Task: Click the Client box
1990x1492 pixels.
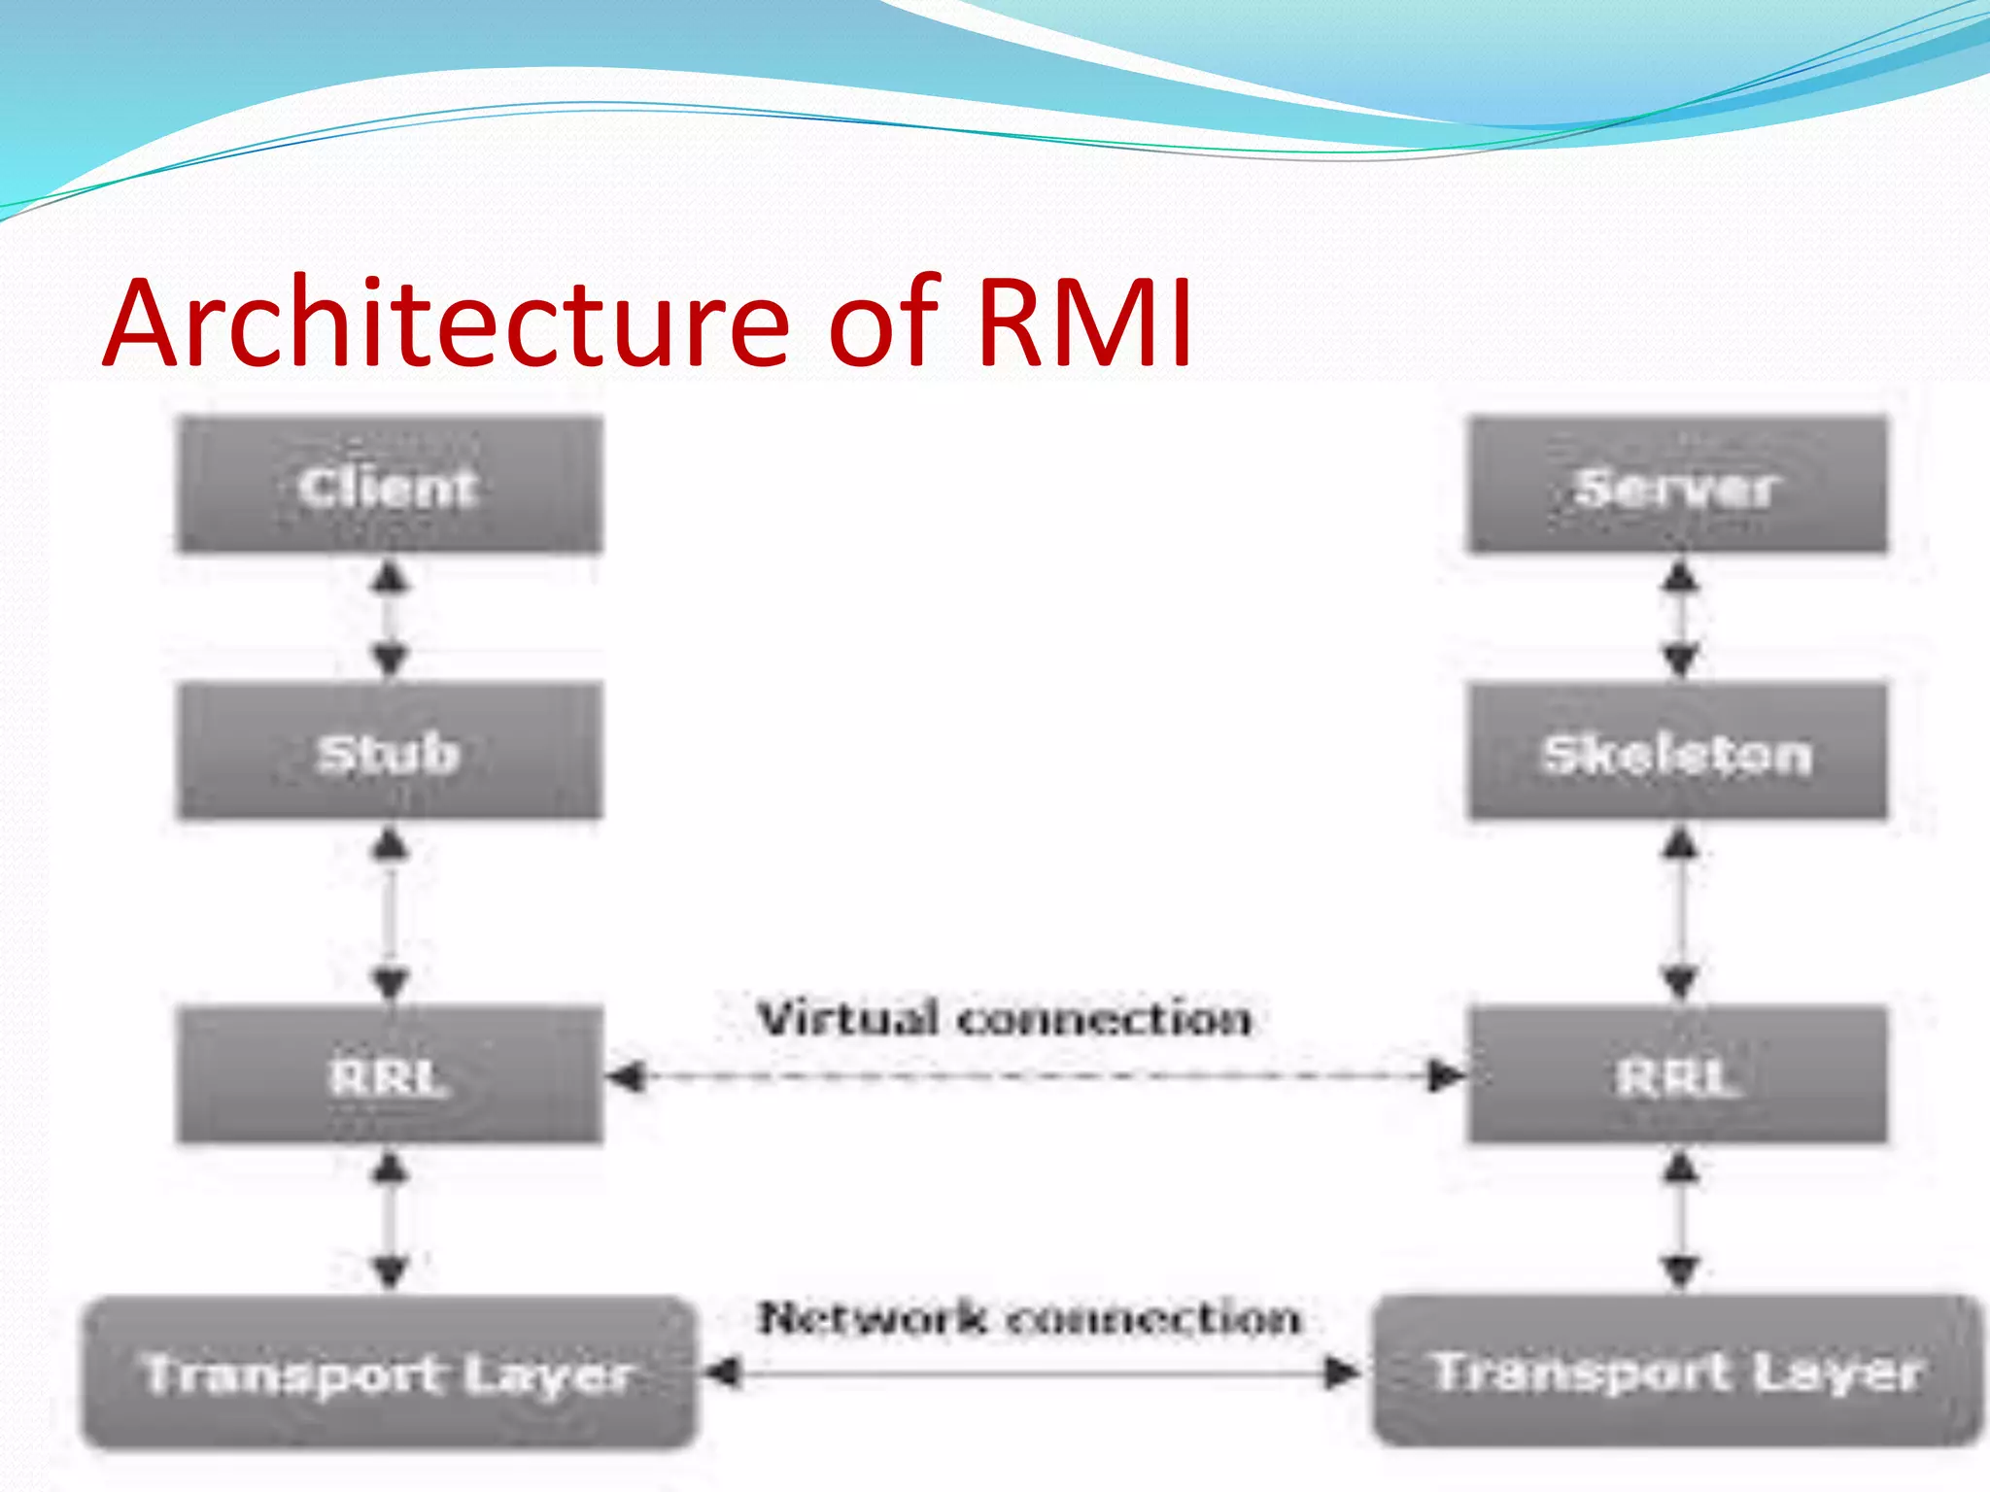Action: [x=390, y=486]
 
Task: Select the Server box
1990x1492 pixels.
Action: [x=1678, y=486]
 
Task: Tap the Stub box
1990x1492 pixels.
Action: [x=390, y=753]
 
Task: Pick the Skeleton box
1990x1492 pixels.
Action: [x=1678, y=753]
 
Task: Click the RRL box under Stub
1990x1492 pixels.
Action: [x=390, y=1076]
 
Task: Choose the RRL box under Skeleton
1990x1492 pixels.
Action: [x=1678, y=1076]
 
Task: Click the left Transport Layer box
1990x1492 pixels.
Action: [x=390, y=1373]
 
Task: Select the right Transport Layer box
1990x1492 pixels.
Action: [x=1678, y=1372]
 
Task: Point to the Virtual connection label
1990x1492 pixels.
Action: [x=1005, y=1019]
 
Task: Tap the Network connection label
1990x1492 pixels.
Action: [x=1028, y=1318]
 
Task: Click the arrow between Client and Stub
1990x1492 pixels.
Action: [x=390, y=619]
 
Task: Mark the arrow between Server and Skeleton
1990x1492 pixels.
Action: [x=1680, y=619]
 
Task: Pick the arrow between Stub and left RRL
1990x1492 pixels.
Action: [x=390, y=913]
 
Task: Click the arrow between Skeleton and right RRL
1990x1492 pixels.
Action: [x=1680, y=913]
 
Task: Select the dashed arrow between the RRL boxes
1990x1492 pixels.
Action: [x=1035, y=1076]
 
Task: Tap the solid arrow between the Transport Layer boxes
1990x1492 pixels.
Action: [x=1030, y=1373]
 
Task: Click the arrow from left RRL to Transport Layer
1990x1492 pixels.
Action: [x=390, y=1219]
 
